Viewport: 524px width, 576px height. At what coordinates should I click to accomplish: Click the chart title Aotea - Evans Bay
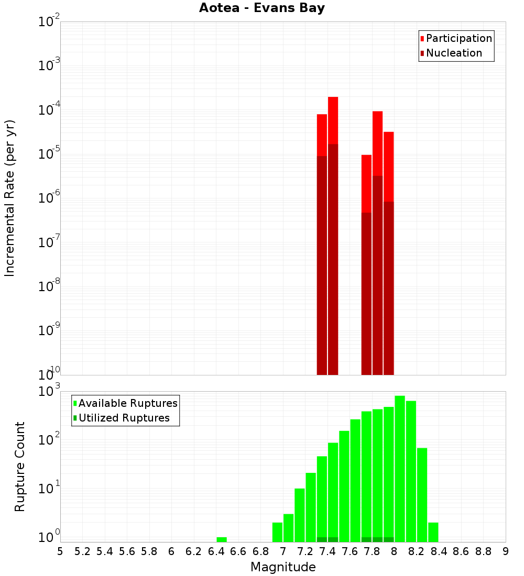(x=262, y=8)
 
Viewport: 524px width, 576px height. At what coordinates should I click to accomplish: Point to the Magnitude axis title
(x=283, y=567)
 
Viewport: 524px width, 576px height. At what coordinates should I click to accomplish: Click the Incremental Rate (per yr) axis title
(x=10, y=198)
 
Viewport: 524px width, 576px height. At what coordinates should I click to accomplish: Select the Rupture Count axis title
(x=20, y=467)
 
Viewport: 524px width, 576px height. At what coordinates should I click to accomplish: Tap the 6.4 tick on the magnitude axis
(x=216, y=551)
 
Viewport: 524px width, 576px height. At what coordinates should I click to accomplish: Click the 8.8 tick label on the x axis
(x=483, y=551)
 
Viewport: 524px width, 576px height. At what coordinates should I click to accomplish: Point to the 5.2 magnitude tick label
(x=82, y=551)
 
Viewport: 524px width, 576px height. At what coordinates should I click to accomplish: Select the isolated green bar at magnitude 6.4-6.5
(x=222, y=539)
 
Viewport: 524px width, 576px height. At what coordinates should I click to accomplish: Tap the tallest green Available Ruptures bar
(x=400, y=469)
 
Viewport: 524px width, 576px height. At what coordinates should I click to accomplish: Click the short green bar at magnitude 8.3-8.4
(x=433, y=532)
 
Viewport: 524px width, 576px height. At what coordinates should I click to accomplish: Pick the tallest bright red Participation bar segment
(x=333, y=120)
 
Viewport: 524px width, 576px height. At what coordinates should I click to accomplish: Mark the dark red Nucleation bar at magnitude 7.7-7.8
(x=366, y=293)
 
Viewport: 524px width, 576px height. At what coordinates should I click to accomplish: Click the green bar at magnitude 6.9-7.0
(x=277, y=532)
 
